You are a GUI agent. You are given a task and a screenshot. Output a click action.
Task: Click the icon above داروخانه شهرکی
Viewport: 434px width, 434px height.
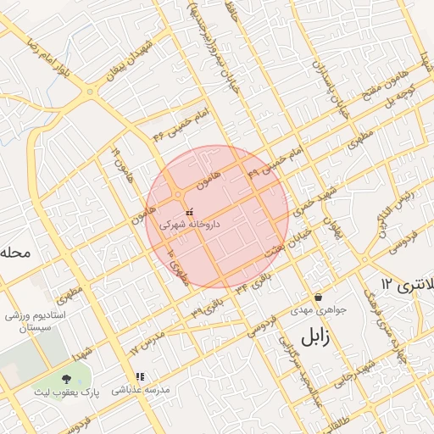pos(188,211)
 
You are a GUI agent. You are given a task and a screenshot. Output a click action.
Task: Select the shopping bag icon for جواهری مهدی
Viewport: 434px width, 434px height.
pos(318,298)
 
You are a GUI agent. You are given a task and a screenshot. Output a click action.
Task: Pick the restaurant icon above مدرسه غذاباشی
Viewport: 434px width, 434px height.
pos(140,376)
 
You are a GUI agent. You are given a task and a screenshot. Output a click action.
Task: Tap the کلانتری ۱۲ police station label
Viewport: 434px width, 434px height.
pos(406,282)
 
